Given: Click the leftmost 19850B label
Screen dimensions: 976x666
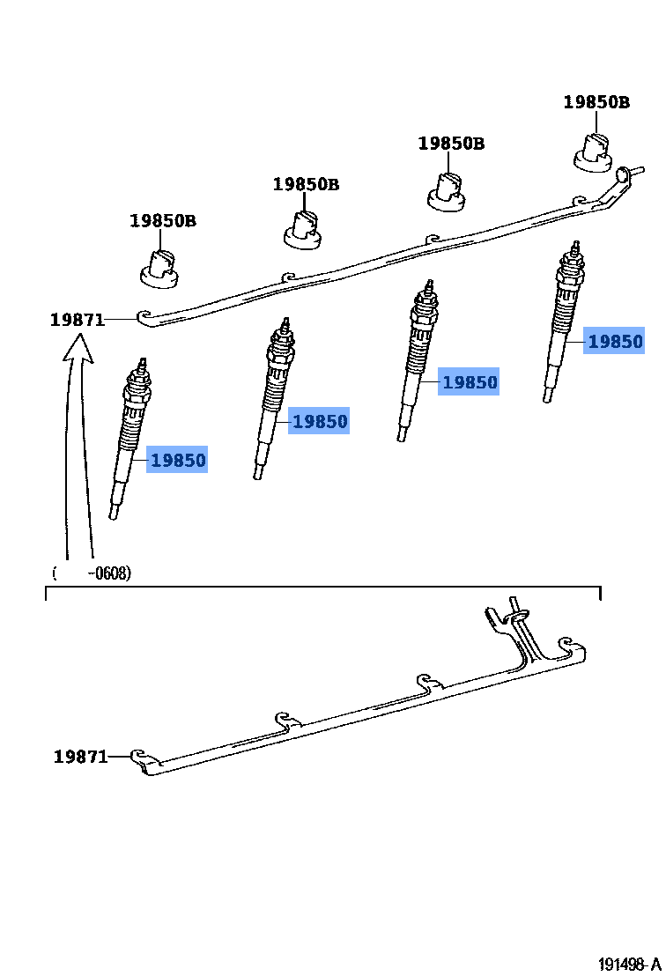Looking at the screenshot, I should click(x=163, y=221).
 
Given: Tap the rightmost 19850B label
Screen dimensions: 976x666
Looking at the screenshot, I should click(x=596, y=102).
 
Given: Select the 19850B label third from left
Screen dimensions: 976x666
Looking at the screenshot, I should click(x=451, y=144).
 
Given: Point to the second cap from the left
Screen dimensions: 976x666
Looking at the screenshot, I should click(x=303, y=229).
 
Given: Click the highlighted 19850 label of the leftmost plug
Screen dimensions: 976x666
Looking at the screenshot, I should click(x=177, y=460).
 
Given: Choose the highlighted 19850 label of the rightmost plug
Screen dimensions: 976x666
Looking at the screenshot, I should click(x=615, y=342).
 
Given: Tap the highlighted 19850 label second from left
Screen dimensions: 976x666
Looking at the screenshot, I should click(x=320, y=422).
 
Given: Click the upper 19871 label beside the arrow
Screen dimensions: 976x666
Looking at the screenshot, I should click(x=77, y=320).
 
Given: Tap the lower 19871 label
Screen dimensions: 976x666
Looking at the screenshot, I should click(x=80, y=756).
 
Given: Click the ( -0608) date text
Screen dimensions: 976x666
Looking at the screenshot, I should click(x=92, y=573).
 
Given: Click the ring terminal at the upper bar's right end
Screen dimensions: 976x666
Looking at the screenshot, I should click(x=625, y=174).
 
